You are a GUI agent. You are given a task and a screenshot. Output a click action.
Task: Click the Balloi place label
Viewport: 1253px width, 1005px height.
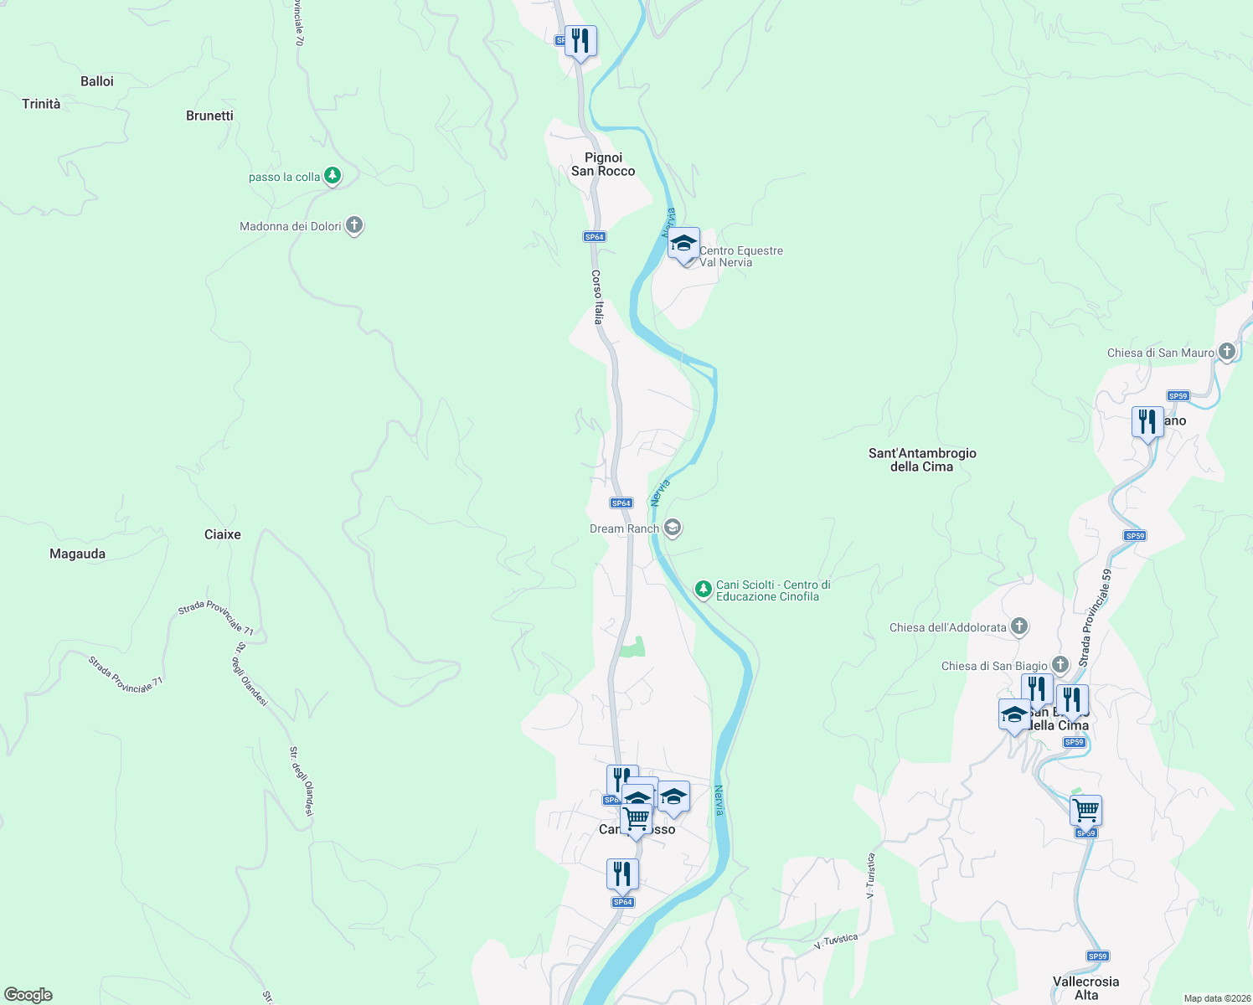click(x=97, y=81)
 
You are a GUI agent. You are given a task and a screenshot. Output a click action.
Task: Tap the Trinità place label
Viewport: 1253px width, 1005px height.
click(x=41, y=104)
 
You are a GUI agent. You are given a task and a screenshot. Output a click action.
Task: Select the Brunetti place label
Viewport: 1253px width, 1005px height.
click(x=209, y=116)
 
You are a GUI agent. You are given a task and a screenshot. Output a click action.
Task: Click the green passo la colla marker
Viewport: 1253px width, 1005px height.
click(x=333, y=176)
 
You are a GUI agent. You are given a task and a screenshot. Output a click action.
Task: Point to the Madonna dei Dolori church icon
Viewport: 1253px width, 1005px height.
click(x=354, y=225)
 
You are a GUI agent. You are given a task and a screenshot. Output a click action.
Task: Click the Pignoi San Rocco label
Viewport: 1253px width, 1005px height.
click(x=603, y=164)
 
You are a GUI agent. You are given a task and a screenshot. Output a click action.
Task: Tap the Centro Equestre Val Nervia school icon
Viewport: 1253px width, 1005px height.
click(x=684, y=244)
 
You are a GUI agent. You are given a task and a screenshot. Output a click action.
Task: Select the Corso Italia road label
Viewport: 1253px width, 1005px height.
click(x=597, y=296)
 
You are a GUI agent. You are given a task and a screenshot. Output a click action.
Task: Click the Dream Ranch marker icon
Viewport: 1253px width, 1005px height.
click(x=672, y=528)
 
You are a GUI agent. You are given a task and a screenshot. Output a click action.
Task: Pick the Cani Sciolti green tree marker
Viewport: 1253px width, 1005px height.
click(x=704, y=590)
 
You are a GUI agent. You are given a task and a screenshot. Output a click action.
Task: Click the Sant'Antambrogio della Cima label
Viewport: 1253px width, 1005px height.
click(x=922, y=460)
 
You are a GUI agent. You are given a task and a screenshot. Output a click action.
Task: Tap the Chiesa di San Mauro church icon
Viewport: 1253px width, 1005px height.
click(x=1227, y=352)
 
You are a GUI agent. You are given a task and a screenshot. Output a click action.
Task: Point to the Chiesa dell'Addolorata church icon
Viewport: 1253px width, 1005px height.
click(x=1018, y=626)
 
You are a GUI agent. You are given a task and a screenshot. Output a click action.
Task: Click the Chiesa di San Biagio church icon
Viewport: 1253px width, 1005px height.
click(x=1060, y=665)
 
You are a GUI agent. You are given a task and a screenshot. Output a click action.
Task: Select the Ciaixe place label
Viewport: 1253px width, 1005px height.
click(x=223, y=534)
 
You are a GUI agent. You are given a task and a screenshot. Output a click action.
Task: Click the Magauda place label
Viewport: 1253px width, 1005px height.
click(x=78, y=554)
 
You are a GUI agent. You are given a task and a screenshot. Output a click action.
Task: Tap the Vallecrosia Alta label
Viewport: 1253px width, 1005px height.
click(x=1085, y=988)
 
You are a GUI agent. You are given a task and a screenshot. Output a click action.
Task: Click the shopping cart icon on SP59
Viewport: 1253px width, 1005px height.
click(x=1085, y=811)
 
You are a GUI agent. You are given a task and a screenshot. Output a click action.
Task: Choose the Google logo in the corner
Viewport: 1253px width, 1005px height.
click(x=28, y=994)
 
